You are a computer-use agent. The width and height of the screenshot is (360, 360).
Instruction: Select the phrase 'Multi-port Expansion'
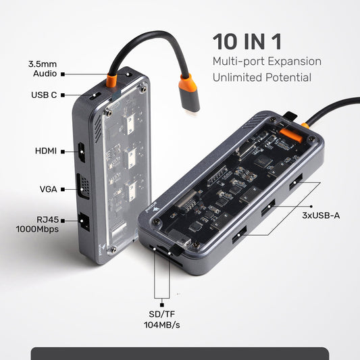[266, 61]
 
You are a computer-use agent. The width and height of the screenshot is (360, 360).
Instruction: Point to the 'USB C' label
[44, 95]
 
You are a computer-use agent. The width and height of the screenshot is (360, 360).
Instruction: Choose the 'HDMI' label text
[46, 151]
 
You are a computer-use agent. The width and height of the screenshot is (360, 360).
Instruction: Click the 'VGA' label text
[48, 189]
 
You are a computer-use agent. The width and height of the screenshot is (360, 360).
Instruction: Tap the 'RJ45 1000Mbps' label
[38, 224]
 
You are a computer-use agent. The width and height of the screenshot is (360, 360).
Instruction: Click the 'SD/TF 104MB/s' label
[162, 319]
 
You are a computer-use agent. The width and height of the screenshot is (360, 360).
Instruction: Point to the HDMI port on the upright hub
[82, 151]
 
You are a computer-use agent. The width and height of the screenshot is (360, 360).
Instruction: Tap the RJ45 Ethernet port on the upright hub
[83, 222]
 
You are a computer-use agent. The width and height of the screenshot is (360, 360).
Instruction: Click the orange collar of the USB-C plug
[188, 86]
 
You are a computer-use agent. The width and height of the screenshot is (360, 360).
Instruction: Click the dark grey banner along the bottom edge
[180, 353]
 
